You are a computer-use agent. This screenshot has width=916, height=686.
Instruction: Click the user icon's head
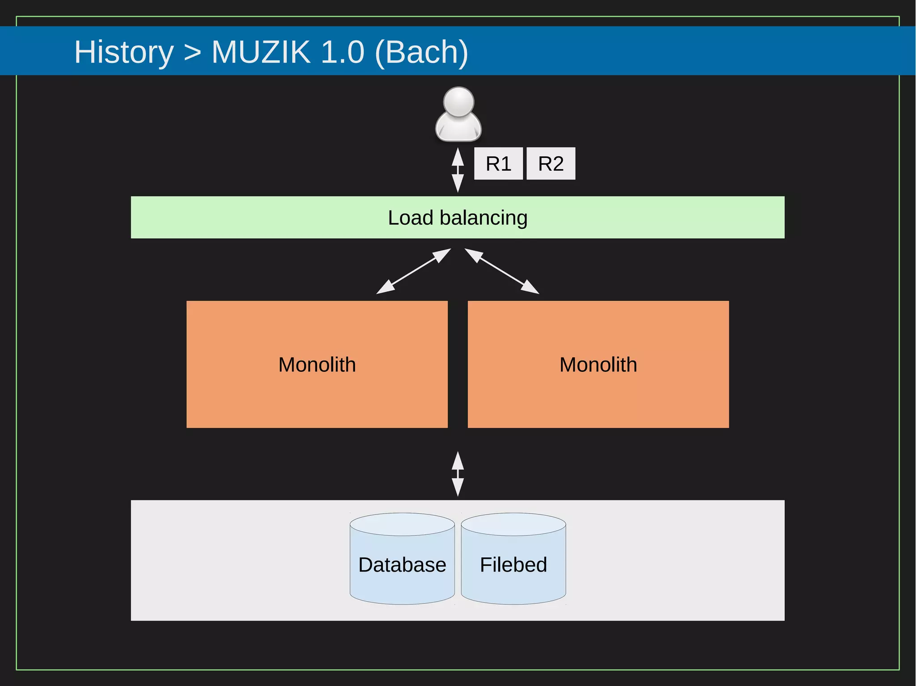[x=458, y=102]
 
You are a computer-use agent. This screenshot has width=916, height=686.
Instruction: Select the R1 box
[x=498, y=164]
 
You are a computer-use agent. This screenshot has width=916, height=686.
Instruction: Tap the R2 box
[x=551, y=164]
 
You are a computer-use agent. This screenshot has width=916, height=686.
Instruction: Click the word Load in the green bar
[x=410, y=218]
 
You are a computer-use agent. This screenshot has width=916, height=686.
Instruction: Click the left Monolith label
[x=317, y=365]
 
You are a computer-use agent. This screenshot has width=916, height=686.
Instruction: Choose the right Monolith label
[x=598, y=365]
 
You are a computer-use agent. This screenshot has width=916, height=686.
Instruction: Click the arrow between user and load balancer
[x=458, y=170]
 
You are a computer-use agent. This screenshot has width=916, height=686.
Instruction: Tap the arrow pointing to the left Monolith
[x=413, y=271]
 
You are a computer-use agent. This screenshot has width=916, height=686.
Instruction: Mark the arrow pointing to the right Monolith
[x=502, y=271]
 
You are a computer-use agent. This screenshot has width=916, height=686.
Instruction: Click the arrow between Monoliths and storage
[x=458, y=474]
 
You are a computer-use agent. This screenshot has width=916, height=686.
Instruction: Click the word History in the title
[x=123, y=52]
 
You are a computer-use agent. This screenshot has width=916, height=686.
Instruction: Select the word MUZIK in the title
[x=261, y=52]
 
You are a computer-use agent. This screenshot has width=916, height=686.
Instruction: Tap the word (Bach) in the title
[x=421, y=52]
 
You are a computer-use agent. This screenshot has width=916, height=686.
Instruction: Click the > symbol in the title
[x=192, y=52]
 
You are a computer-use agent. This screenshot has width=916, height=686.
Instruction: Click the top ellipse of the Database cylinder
[x=402, y=524]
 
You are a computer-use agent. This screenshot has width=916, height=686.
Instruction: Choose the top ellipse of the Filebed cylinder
[x=513, y=524]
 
